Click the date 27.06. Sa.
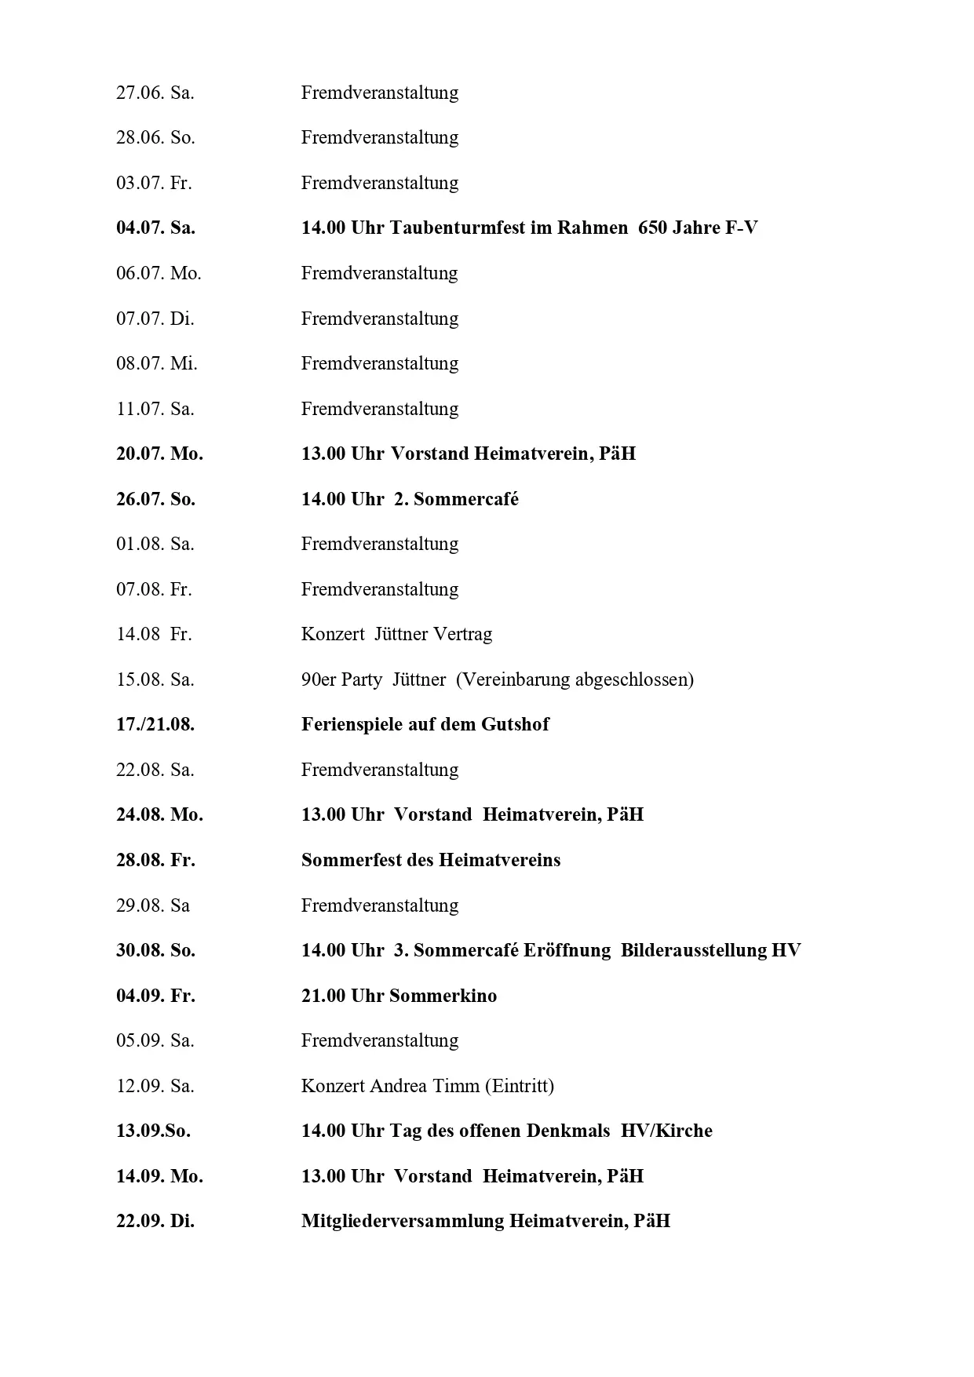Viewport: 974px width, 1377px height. tap(155, 93)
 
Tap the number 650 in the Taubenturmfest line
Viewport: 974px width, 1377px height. tap(653, 228)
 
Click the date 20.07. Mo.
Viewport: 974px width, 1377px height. tap(159, 454)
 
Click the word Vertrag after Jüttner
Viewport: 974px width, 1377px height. tap(462, 634)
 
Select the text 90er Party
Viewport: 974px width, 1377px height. tap(341, 679)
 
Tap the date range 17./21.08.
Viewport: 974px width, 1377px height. tap(155, 724)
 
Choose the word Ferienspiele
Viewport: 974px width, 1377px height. tap(351, 724)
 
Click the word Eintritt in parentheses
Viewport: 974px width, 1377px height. tap(520, 1086)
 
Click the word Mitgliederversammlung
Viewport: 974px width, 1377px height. tap(402, 1221)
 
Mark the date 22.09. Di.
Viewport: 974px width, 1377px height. tap(155, 1221)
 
